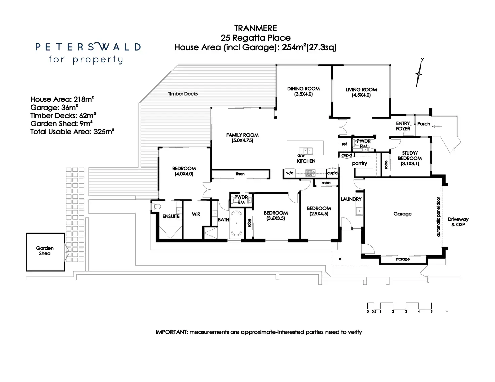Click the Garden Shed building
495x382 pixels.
45,252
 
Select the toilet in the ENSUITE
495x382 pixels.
156,206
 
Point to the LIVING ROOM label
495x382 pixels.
361,92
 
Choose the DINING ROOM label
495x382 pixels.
303,91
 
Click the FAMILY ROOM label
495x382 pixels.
242,138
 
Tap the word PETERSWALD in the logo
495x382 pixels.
88,47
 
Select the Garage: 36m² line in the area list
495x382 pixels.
54,108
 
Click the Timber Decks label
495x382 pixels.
183,94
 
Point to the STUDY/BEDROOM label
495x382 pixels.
410,158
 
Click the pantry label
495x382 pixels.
359,163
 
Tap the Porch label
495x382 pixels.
424,124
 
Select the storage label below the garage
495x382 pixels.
403,259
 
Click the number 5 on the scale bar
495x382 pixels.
431,312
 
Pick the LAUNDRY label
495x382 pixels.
351,199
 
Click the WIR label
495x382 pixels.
196,214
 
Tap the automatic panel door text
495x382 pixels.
438,217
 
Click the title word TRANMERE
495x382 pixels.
256,28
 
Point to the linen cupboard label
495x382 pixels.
240,174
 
